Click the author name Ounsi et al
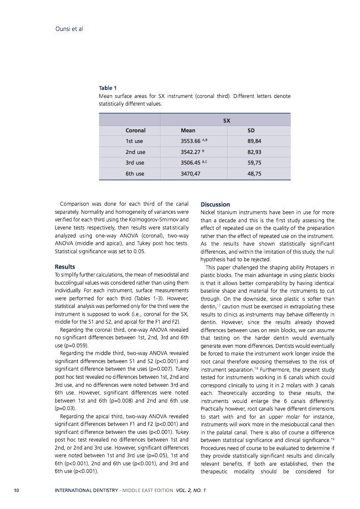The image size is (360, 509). tap(69, 29)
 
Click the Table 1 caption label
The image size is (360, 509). tap(108, 88)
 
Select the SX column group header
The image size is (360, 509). tap(227, 120)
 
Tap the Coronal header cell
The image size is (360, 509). tap(135, 131)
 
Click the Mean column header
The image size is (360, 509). tap(188, 131)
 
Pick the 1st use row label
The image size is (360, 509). tap(134, 141)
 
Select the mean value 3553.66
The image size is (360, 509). tap(191, 141)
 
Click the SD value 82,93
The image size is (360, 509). tap(254, 152)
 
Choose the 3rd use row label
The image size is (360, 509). tap(135, 162)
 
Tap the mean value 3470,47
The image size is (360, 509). tap(191, 173)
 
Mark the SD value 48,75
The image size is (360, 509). tap(254, 173)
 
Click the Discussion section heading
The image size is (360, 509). tap(215, 204)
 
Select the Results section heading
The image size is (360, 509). tap(65, 267)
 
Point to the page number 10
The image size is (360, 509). tap(17, 490)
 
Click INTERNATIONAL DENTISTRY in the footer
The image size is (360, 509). tap(86, 490)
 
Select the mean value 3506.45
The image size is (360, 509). tap(191, 162)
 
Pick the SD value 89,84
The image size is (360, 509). tap(254, 141)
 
